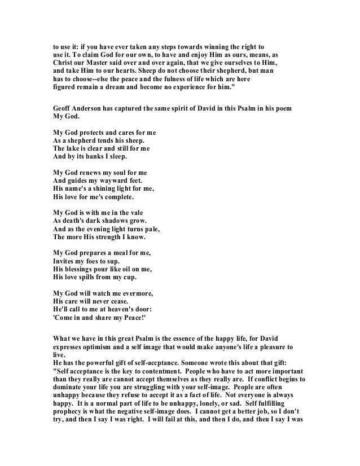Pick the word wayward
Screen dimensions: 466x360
(x=111, y=179)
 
